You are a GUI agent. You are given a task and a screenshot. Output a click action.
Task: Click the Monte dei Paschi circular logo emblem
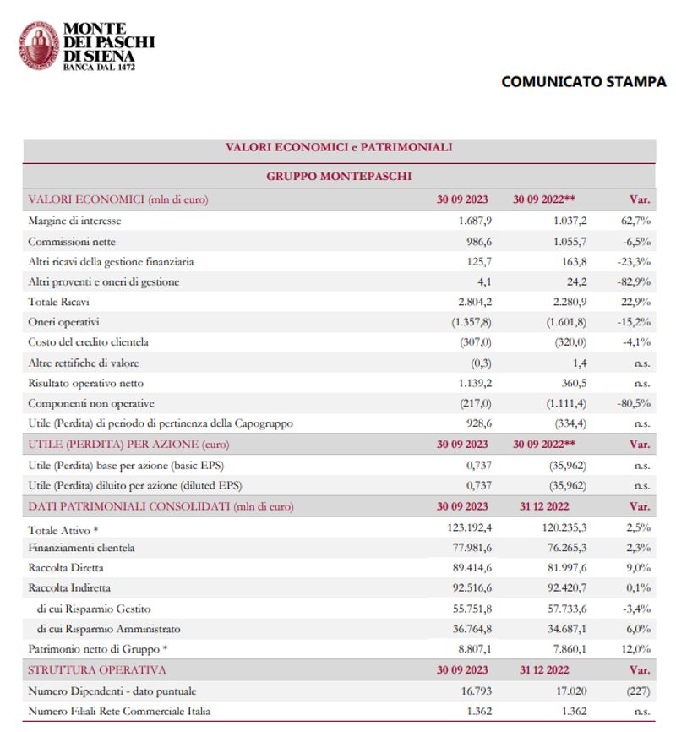[x=39, y=46]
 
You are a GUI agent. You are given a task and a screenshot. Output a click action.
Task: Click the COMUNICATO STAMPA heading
[x=583, y=82]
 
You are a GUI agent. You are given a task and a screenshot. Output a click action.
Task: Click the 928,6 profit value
[x=476, y=423]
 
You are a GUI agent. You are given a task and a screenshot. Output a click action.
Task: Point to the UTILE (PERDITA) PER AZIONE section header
[x=128, y=444]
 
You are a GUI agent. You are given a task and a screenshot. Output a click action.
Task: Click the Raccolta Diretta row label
[x=66, y=568]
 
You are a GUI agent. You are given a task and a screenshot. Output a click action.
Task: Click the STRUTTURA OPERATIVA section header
[x=97, y=670]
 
